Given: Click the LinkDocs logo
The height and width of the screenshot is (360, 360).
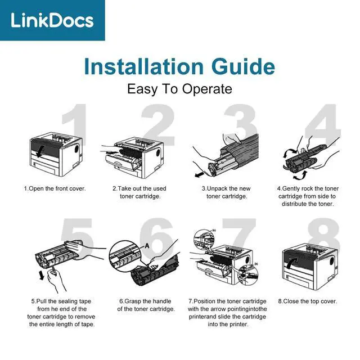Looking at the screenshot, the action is point(52,20).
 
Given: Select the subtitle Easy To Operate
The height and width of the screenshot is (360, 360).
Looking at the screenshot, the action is point(179,89).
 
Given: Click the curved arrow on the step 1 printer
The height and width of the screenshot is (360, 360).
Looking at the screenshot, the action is point(40,151).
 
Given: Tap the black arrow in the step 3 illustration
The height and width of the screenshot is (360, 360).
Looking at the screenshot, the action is point(199,175).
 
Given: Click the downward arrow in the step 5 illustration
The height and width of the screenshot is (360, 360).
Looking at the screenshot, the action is point(42,275).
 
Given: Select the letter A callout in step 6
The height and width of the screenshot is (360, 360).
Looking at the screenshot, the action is point(147,246).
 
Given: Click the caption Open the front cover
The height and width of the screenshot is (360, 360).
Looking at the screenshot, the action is point(55,189).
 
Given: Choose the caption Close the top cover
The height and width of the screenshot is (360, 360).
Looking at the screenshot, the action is point(308,301).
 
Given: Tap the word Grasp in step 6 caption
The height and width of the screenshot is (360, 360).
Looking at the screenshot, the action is point(133,301).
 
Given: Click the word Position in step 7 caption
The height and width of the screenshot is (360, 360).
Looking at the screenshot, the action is point(205,301).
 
